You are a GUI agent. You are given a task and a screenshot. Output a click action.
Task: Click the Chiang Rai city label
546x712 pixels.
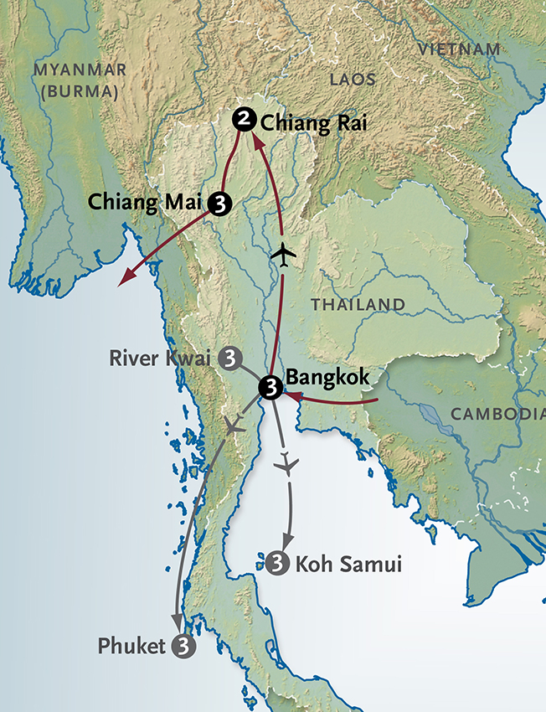315,124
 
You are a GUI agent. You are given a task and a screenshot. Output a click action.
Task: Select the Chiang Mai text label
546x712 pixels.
147,203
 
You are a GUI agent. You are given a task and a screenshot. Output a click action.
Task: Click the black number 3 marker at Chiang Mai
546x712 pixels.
220,204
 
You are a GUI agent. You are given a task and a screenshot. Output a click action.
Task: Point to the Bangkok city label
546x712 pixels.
327,379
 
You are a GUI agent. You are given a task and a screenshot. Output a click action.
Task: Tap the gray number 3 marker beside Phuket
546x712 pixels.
183,646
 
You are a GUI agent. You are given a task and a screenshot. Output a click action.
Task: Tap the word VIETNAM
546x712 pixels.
461,49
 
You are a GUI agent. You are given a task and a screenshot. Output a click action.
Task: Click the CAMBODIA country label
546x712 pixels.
497,414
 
